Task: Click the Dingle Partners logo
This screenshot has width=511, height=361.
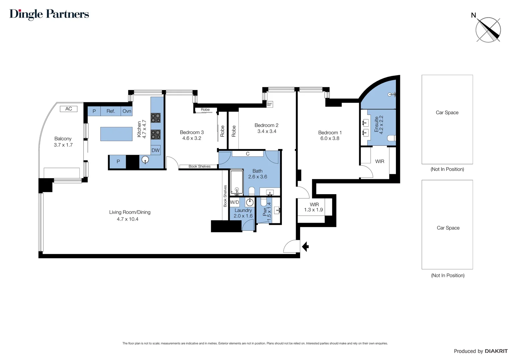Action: [x=49, y=14]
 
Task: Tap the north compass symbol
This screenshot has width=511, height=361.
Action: [x=488, y=30]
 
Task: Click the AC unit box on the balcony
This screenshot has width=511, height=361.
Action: [x=69, y=109]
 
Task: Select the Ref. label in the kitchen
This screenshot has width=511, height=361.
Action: [x=111, y=111]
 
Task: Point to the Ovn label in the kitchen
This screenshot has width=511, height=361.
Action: [x=127, y=111]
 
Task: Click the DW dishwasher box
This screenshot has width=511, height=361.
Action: [x=156, y=150]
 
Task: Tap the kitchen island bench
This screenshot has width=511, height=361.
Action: [x=116, y=134]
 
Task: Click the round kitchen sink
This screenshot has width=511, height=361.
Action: [x=145, y=160]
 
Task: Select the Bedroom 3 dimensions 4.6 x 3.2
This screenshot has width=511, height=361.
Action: [x=192, y=138]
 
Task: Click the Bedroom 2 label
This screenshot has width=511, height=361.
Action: [x=266, y=125]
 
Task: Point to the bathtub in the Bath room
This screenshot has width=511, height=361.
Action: [x=237, y=183]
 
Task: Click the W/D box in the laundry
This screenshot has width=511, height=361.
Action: [x=234, y=202]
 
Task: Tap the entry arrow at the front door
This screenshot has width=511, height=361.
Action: [x=305, y=247]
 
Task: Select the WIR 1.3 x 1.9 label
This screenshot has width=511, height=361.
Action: [x=313, y=207]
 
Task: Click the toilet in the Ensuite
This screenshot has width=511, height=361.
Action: [x=391, y=138]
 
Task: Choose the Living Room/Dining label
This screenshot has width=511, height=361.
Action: [x=130, y=212]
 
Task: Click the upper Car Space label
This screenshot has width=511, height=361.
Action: [x=447, y=113]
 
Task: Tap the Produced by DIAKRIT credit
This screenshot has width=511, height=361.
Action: [x=480, y=351]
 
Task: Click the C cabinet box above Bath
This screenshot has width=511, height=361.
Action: [x=248, y=154]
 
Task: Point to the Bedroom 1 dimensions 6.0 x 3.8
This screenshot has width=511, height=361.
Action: [x=330, y=138]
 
